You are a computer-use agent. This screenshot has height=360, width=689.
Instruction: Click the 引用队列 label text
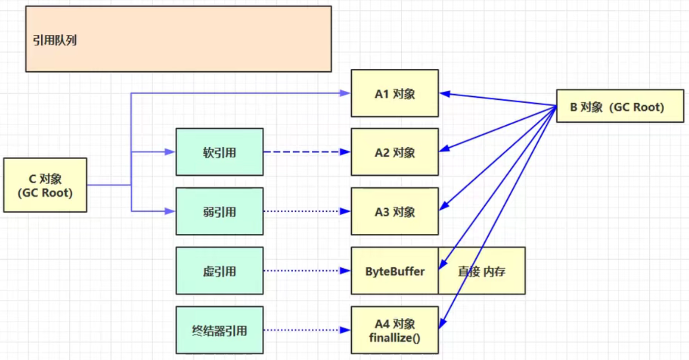click(55, 40)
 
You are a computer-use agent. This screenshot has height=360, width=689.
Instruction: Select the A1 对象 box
click(394, 93)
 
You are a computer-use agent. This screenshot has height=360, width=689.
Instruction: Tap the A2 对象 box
click(394, 152)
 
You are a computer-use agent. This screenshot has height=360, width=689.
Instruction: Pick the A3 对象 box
click(394, 212)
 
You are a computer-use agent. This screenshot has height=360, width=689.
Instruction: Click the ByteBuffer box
click(394, 271)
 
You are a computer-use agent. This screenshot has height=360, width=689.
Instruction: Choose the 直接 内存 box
click(482, 271)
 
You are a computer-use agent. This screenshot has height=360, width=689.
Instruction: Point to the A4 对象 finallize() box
click(394, 330)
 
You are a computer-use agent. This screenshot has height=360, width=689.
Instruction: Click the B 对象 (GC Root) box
click(619, 106)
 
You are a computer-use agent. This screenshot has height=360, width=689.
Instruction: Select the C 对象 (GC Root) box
click(45, 185)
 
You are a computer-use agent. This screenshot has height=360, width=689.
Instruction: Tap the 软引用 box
click(220, 152)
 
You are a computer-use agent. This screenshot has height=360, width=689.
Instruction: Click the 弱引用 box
click(220, 212)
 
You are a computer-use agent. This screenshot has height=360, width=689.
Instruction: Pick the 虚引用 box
click(220, 271)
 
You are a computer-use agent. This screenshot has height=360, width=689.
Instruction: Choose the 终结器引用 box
click(220, 330)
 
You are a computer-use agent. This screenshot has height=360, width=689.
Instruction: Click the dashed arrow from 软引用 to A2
click(304, 152)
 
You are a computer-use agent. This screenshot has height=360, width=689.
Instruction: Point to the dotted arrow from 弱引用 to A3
click(304, 212)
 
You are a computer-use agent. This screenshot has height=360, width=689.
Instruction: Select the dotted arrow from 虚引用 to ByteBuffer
click(304, 271)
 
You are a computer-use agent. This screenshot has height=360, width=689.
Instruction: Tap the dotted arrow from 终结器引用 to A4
click(304, 330)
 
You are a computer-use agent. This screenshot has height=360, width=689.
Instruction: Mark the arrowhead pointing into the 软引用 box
click(171, 152)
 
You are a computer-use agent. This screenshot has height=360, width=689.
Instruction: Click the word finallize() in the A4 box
click(394, 337)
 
